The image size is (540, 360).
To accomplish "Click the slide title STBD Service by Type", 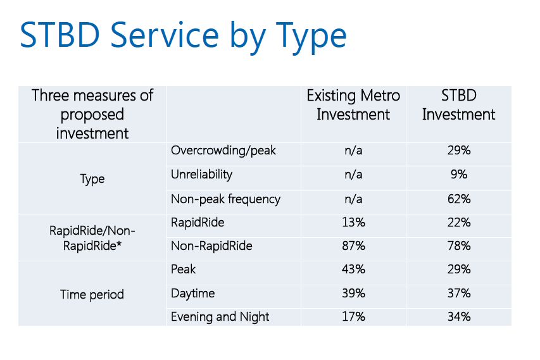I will [x=183, y=35].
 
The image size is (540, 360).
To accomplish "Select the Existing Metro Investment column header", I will [x=353, y=105].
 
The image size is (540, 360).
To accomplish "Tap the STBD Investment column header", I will [x=458, y=105].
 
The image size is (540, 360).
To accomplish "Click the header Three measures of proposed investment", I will [x=92, y=115].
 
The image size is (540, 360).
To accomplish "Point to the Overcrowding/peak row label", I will [x=223, y=151].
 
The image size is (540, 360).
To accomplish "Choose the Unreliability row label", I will [x=201, y=175].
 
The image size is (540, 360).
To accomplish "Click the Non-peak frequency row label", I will [x=225, y=199].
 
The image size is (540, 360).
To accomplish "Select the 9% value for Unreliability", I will [x=458, y=175].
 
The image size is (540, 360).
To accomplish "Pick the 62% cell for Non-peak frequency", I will [x=458, y=199].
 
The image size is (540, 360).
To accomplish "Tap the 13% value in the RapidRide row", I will [x=353, y=223].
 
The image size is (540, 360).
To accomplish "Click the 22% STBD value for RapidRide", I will [x=458, y=223].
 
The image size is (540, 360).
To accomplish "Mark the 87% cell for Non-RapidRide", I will [x=353, y=246].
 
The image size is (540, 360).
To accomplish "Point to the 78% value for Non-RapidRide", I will [x=458, y=246].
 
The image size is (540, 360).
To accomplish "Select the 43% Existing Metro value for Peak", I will [x=353, y=270].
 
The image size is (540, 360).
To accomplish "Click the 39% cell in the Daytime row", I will [x=353, y=294].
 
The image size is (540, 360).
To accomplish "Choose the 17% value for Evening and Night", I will [x=353, y=317].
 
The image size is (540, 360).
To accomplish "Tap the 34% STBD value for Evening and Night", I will [x=458, y=317].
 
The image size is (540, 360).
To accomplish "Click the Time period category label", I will [x=92, y=294].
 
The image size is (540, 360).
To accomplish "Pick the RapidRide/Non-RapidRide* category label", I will [x=92, y=239].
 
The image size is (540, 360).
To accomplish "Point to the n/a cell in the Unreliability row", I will [x=353, y=175].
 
